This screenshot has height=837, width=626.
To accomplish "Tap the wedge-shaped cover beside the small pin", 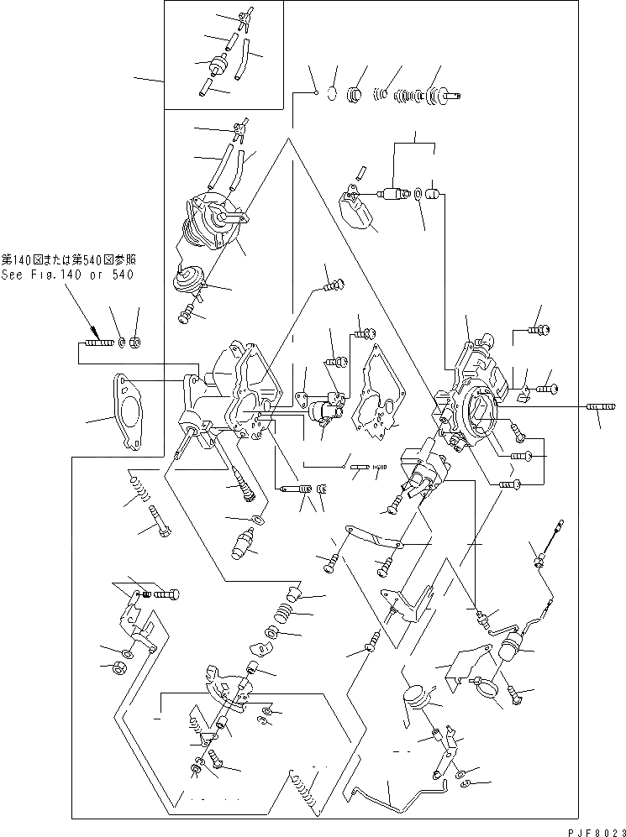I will [357, 209].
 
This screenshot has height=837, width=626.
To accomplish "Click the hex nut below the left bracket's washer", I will [118, 668].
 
